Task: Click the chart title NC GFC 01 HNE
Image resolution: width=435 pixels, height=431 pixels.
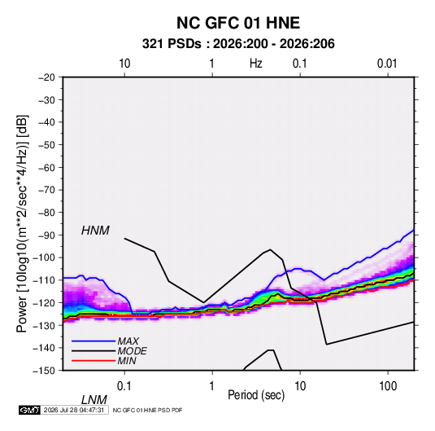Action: (x=238, y=23)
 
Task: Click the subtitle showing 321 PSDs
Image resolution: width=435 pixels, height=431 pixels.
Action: (x=238, y=44)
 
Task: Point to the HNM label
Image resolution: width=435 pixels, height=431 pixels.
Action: (x=95, y=231)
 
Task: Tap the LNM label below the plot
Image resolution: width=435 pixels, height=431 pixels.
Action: (x=94, y=400)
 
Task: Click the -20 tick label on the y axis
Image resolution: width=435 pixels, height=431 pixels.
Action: (x=46, y=77)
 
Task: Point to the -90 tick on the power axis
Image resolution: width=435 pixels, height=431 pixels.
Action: (x=46, y=235)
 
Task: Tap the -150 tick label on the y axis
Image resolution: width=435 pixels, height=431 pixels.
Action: (x=44, y=371)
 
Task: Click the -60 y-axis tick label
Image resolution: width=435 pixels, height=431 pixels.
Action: (x=46, y=167)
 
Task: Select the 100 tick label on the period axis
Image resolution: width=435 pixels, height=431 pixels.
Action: (x=388, y=386)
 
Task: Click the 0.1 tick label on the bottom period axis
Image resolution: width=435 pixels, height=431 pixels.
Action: (x=124, y=386)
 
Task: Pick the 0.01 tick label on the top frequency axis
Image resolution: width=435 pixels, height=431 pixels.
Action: (x=387, y=64)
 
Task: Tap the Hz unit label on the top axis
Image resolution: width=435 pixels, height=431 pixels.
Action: (x=256, y=64)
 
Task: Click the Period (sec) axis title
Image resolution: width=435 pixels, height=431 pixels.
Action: (x=256, y=395)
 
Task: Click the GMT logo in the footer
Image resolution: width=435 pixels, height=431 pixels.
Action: (x=30, y=410)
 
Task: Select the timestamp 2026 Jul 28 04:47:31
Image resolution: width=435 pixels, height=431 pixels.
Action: (x=74, y=410)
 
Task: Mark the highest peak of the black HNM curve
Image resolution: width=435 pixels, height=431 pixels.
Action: (x=124, y=238)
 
